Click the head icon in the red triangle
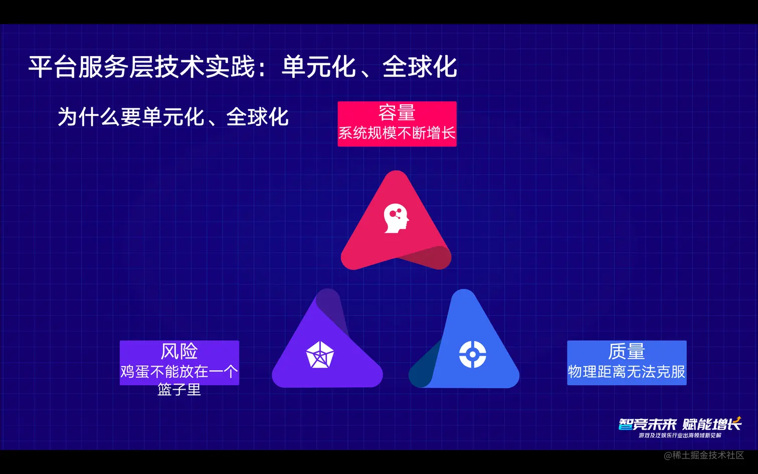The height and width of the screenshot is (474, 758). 396,218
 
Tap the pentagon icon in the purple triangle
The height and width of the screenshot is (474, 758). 320,355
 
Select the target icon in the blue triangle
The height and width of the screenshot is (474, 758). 473,355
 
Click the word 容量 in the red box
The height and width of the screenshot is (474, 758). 397,113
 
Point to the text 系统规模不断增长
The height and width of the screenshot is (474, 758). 397,133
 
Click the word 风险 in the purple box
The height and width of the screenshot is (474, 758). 179,351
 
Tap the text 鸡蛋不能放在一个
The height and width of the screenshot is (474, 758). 179,372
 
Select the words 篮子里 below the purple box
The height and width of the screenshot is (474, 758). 179,389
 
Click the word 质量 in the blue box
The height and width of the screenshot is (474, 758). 627,351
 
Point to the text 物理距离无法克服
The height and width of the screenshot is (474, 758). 627,372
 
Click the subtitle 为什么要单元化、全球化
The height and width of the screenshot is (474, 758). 173,117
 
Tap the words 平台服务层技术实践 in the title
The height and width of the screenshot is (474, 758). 141,67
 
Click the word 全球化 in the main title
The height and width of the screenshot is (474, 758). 420,67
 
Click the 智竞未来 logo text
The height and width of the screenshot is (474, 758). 647,424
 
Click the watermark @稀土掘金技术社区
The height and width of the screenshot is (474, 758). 704,455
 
